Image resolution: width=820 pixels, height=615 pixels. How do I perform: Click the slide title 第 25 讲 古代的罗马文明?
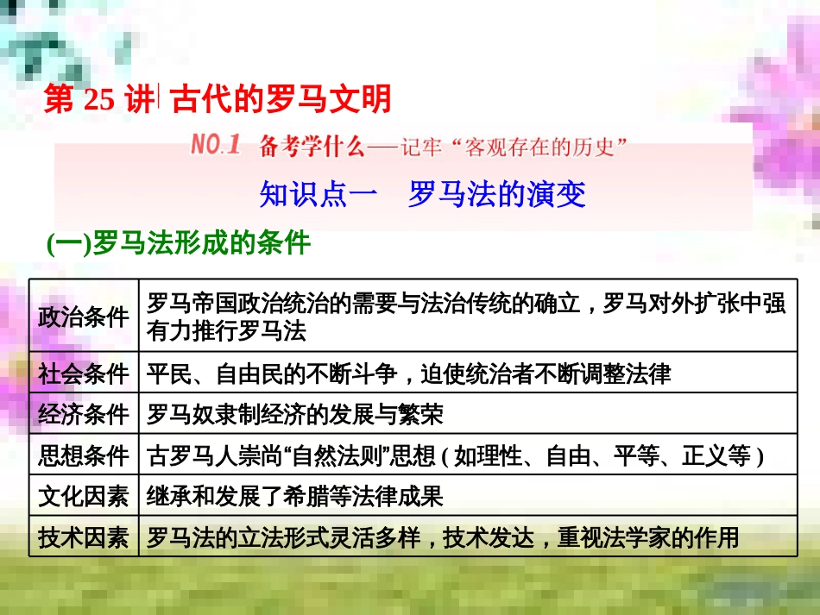[x=218, y=101]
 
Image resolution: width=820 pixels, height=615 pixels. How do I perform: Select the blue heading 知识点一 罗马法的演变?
[x=422, y=194]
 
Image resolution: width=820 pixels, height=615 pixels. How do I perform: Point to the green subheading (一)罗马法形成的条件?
[x=178, y=243]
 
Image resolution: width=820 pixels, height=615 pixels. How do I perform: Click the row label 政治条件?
[x=84, y=316]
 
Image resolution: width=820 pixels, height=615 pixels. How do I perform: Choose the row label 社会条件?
[x=84, y=373]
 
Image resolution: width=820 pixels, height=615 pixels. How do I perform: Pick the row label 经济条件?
[x=84, y=415]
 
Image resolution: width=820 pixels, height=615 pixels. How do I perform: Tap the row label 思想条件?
[x=84, y=455]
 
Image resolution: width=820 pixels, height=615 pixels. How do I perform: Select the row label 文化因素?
[x=84, y=496]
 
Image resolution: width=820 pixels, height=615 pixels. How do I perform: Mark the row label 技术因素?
[x=84, y=537]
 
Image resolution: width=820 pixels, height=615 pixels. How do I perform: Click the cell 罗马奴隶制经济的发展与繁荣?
[x=295, y=415]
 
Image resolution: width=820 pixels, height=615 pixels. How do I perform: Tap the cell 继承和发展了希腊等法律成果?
[x=295, y=496]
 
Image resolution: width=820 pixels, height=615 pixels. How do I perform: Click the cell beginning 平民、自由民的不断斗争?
[x=408, y=373]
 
